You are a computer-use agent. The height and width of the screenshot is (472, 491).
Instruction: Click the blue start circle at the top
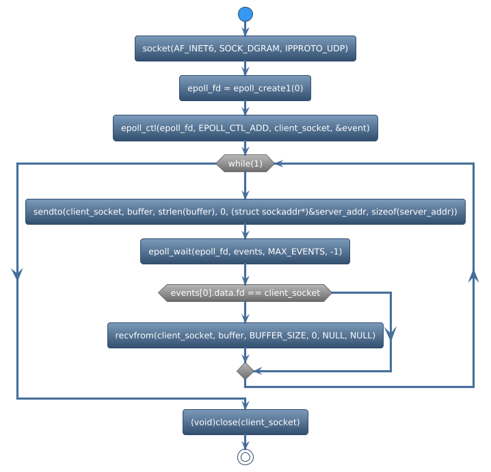(x=245, y=14)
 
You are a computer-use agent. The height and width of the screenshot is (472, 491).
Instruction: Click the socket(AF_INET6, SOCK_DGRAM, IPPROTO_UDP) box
(x=245, y=48)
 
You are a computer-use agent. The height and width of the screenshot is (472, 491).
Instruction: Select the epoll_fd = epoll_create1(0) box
(x=245, y=88)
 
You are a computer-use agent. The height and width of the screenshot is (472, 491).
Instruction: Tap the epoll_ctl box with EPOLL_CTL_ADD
(x=245, y=128)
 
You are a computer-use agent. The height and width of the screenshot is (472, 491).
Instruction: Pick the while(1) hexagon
(x=245, y=163)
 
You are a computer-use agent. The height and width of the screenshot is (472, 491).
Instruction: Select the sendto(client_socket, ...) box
(x=245, y=212)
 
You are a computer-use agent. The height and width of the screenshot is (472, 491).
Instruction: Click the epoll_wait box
(x=245, y=252)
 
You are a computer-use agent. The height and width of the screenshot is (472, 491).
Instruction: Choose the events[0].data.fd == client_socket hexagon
(x=245, y=292)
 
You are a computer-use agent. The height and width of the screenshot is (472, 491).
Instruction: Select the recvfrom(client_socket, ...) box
(x=245, y=335)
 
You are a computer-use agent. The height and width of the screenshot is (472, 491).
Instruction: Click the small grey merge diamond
(x=245, y=371)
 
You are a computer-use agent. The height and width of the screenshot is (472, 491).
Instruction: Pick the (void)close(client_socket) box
(x=245, y=422)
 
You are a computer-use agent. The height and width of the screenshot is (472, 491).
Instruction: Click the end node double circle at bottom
(x=245, y=457)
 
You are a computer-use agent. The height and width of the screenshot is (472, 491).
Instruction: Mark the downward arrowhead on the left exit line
(x=17, y=273)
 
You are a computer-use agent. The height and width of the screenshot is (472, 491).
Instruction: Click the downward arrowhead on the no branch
(x=391, y=333)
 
